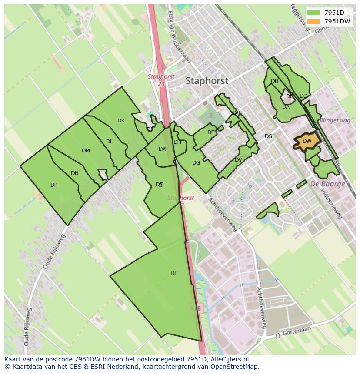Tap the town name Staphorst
tap(207, 81)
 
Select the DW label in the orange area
tap(307, 141)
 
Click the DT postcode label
tap(174, 273)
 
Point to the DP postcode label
tap(54, 185)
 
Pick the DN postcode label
tap(75, 173)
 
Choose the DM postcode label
tap(86, 151)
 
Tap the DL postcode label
tap(110, 142)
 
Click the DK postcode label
tap(121, 121)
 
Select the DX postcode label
tap(162, 149)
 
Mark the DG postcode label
tap(196, 163)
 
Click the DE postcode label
tap(211, 132)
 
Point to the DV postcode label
tap(238, 160)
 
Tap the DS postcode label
tap(268, 136)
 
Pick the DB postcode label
tap(274, 81)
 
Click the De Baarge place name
tap(327, 184)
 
